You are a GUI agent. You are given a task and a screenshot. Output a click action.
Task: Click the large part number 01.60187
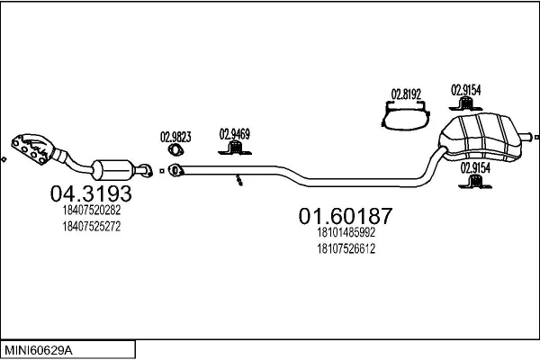point(345,215)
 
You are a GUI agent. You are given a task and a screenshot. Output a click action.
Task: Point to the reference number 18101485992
point(346,232)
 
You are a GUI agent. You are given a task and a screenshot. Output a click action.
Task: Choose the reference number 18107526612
point(346,248)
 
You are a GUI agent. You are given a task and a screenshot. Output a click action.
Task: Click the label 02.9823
point(175,138)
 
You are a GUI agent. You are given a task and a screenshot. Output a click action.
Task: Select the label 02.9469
point(234,134)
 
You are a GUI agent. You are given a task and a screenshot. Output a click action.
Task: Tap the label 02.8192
point(405,92)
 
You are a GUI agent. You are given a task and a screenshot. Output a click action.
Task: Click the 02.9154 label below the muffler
point(475,166)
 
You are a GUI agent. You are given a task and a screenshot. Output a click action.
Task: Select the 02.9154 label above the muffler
point(465,90)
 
